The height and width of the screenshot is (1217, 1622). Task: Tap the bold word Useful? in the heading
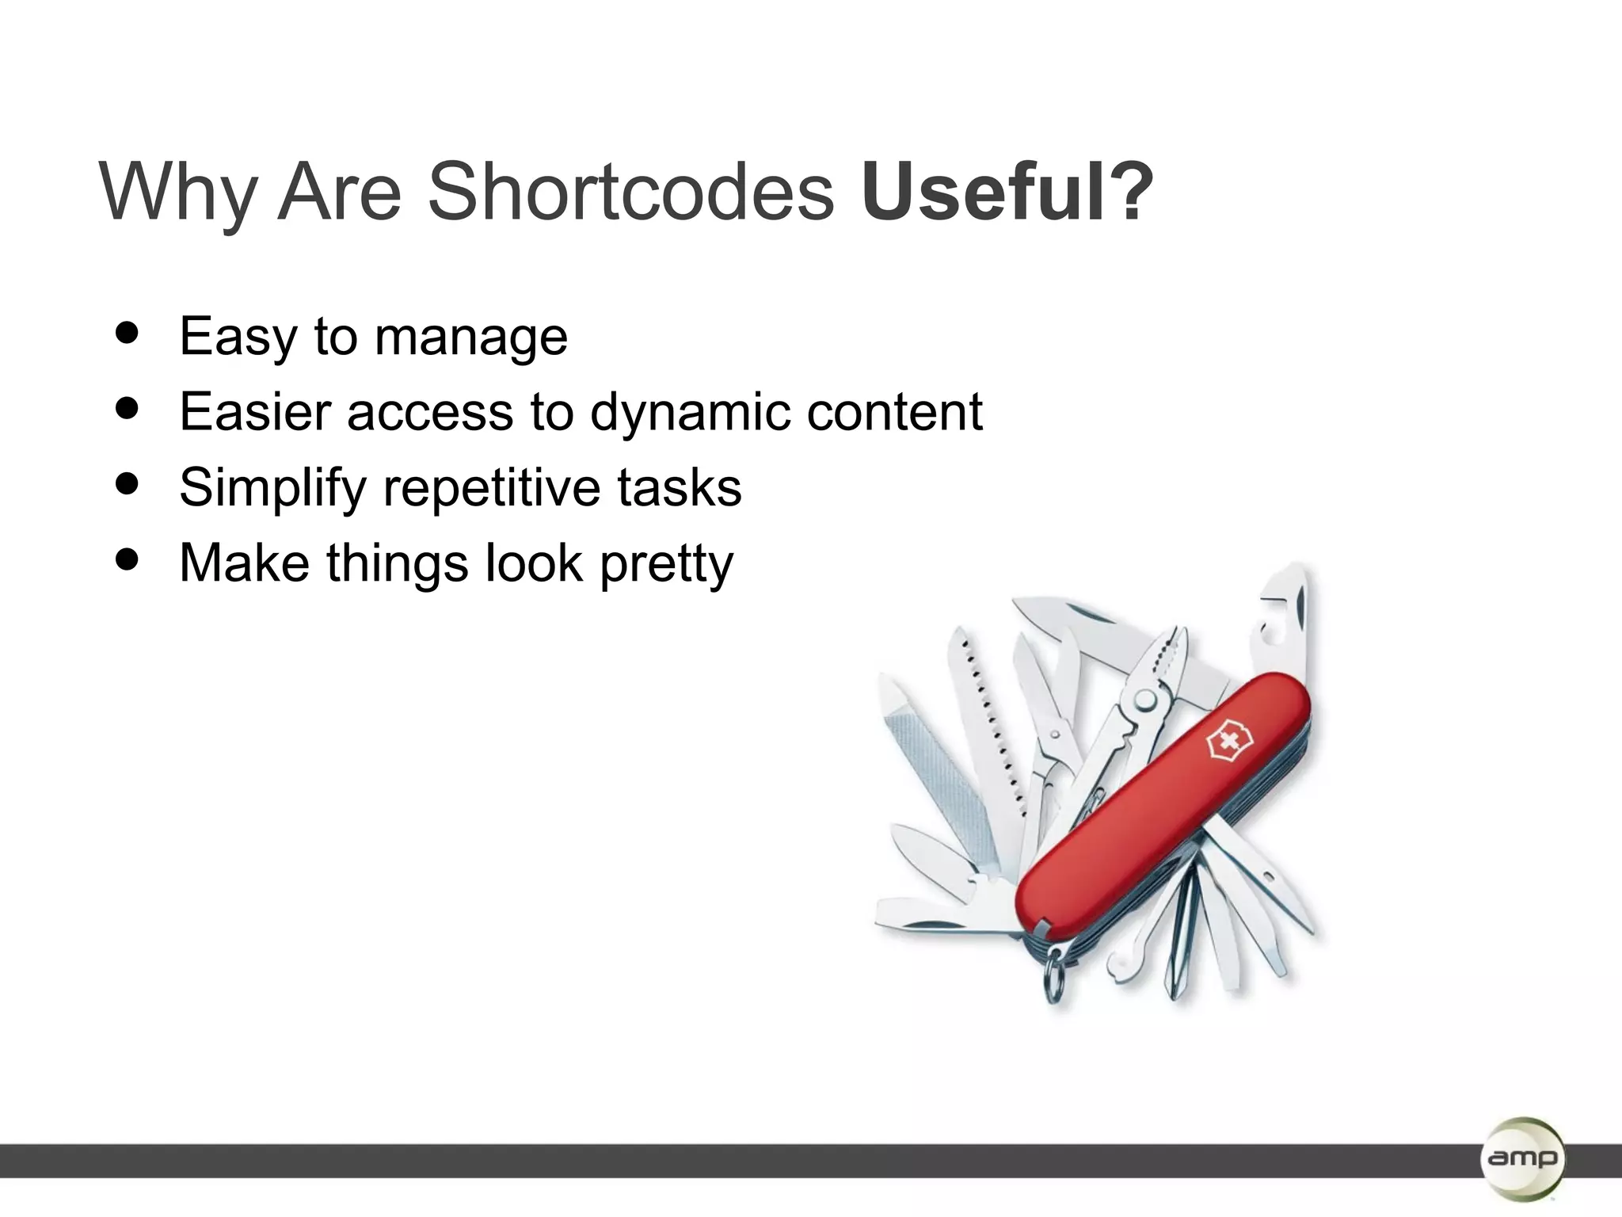click(x=1006, y=193)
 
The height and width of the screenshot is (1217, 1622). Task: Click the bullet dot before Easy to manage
click(x=127, y=333)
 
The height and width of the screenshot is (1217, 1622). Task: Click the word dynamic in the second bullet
click(x=689, y=414)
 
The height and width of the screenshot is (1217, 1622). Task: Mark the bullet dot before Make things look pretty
click(x=127, y=559)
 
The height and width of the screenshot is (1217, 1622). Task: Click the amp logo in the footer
click(x=1521, y=1158)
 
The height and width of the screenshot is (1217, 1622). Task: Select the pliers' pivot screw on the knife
click(x=1145, y=700)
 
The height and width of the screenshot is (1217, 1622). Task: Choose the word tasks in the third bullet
click(x=679, y=487)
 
